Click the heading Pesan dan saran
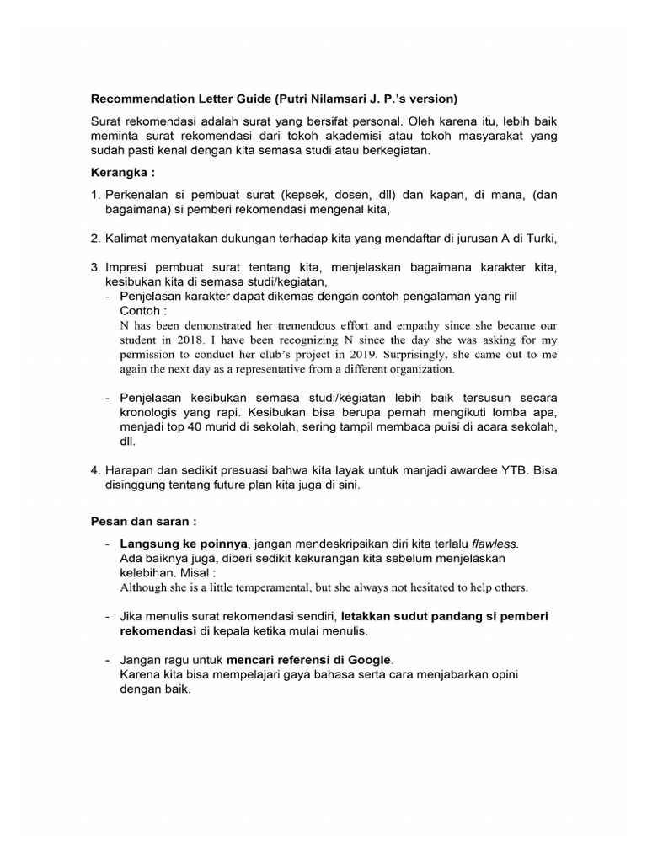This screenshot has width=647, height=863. pos(143,521)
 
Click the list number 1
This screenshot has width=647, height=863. pos(95,195)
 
